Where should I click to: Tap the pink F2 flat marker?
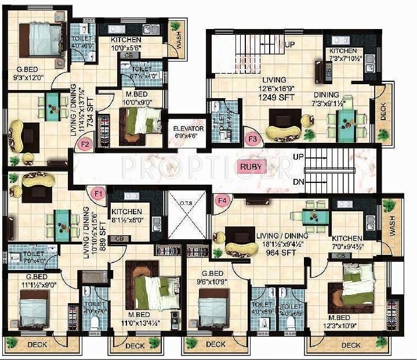[x=85, y=143]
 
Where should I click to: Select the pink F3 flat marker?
[x=252, y=139]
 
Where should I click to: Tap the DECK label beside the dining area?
[x=383, y=111]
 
